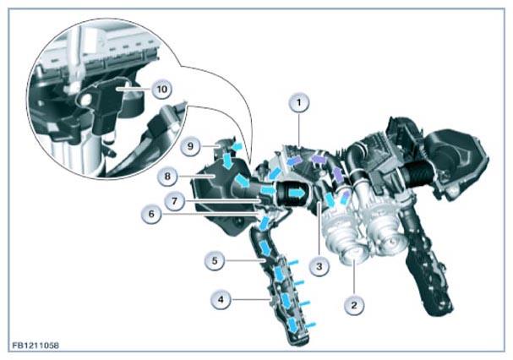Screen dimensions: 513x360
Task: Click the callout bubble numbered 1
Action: [x=298, y=103]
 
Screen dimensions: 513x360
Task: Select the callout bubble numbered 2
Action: [x=354, y=305]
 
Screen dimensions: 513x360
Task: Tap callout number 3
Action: [x=319, y=266]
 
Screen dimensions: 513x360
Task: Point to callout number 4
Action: [x=221, y=299]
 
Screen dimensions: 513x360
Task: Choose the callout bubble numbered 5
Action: [x=215, y=261]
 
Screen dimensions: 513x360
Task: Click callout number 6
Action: [x=151, y=215]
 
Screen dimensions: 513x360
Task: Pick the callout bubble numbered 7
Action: [x=175, y=200]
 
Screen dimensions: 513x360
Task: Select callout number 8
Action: [x=167, y=177]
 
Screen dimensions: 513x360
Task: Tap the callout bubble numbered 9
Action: [x=191, y=146]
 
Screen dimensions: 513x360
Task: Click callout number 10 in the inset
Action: [x=162, y=89]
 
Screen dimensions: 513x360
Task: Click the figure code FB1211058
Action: [x=35, y=346]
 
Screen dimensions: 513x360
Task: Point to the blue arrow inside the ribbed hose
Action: [x=297, y=193]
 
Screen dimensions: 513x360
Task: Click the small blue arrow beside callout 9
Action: [x=237, y=145]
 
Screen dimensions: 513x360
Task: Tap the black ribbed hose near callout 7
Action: [x=292, y=194]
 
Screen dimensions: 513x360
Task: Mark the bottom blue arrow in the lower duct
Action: [x=293, y=326]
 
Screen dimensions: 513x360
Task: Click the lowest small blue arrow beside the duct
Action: [x=311, y=325]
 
